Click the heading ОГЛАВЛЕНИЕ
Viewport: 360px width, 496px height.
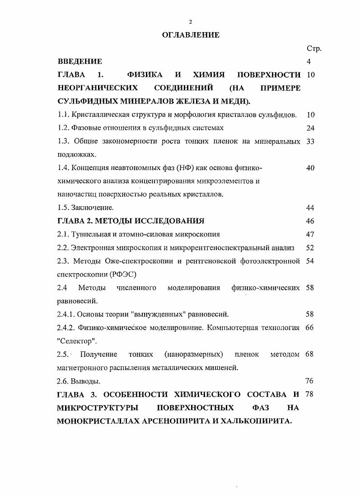point(191,35)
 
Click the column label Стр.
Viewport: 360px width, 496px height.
point(313,48)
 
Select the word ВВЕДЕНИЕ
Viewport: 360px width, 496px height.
point(80,61)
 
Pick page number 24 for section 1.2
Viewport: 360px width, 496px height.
point(310,128)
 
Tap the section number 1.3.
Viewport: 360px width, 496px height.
point(63,142)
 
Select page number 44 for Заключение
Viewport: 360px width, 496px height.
point(310,208)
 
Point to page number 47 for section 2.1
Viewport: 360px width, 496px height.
point(310,235)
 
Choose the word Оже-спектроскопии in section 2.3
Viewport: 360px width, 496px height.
point(132,261)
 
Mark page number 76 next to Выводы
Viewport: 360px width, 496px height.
point(310,381)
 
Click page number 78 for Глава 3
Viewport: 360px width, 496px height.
point(310,394)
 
